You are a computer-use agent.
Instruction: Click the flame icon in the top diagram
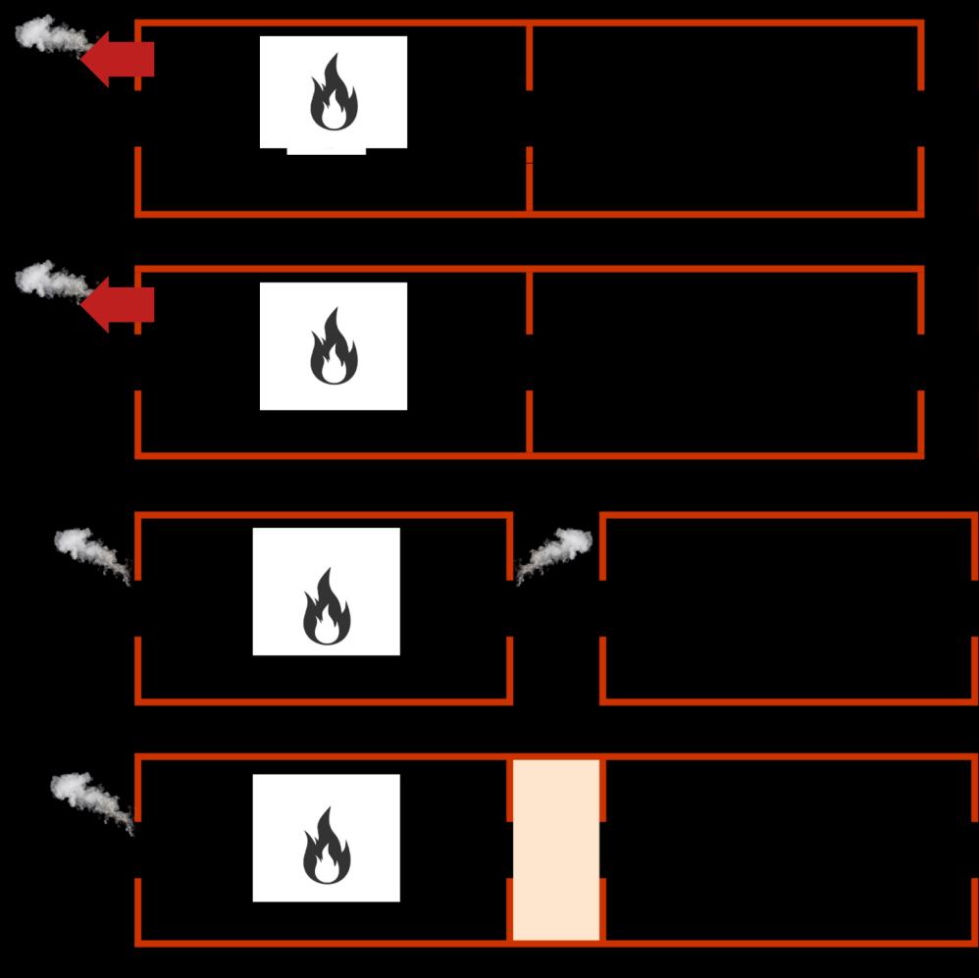(x=334, y=92)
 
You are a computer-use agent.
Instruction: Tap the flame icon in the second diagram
(x=334, y=346)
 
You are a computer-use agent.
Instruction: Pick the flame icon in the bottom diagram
(x=327, y=846)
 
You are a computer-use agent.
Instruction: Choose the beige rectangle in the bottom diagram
(x=556, y=849)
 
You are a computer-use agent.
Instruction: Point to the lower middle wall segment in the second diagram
(x=530, y=422)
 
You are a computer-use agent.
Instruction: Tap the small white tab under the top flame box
(x=326, y=151)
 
